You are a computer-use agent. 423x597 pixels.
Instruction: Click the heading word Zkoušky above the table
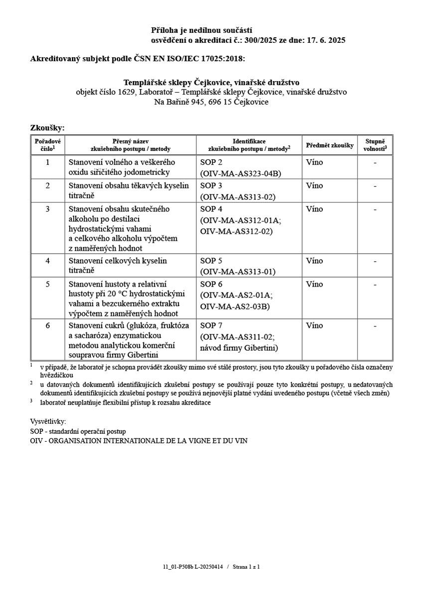(47, 128)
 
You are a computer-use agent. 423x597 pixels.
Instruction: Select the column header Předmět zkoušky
(329, 145)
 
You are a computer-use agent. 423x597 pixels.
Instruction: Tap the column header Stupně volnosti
(375, 145)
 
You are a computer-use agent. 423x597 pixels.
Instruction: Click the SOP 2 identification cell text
(211, 162)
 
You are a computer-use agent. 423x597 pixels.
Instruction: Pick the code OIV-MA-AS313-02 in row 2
(238, 197)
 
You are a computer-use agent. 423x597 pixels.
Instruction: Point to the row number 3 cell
(48, 209)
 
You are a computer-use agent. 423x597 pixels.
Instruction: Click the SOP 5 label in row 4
(211, 261)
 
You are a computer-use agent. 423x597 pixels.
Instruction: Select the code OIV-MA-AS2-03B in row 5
(235, 306)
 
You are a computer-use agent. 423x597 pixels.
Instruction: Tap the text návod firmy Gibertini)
(239, 347)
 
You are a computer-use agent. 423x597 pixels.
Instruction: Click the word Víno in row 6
(314, 325)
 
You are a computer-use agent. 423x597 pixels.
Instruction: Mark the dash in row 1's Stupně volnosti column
(375, 162)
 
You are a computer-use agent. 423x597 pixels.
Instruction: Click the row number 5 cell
(48, 284)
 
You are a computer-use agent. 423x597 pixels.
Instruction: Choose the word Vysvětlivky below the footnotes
(48, 422)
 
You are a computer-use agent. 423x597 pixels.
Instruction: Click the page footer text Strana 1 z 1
(246, 567)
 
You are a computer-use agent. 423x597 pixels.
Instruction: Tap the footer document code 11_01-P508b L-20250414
(193, 567)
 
